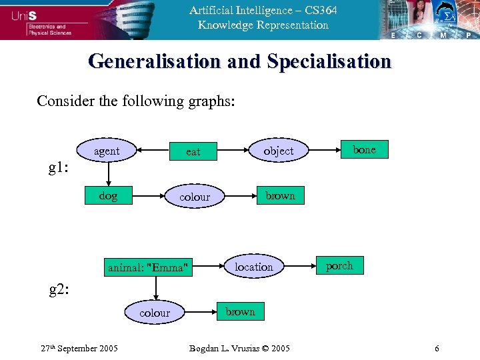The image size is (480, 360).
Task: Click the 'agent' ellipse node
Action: [x=107, y=151]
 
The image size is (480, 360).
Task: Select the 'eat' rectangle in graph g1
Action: [x=193, y=152]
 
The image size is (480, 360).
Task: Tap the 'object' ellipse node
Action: [x=278, y=151]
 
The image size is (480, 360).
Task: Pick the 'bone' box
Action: [x=364, y=150]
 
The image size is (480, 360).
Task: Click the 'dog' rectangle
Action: [x=108, y=196]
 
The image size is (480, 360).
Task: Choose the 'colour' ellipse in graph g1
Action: [x=194, y=197]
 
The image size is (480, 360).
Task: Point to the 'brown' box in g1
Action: [x=280, y=195]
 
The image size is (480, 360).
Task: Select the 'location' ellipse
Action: [x=253, y=267]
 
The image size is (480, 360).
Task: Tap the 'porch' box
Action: [x=339, y=265]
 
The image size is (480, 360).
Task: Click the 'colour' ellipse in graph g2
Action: [x=155, y=313]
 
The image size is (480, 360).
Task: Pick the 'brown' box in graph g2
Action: [x=240, y=311]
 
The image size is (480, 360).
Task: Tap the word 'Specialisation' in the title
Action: [x=329, y=62]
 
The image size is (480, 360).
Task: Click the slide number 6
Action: [x=437, y=349]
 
